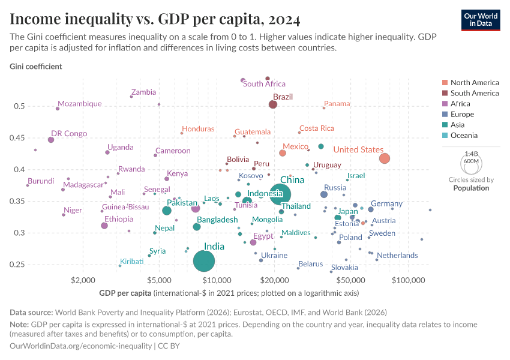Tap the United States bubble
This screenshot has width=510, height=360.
click(385, 158)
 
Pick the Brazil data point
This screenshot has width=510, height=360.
click(273, 104)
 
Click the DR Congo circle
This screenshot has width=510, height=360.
click(51, 140)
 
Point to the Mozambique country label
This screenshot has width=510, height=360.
click(80, 104)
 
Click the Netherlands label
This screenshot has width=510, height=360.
click(397, 256)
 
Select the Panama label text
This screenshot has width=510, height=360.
click(337, 104)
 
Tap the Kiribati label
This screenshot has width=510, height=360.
click(132, 262)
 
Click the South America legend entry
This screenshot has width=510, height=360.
click(474, 93)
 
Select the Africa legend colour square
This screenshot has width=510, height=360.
click(444, 104)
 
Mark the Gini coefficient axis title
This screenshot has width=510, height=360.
click(36, 66)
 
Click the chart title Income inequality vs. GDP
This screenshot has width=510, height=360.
click(155, 21)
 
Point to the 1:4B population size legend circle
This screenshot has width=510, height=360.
click(471, 162)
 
